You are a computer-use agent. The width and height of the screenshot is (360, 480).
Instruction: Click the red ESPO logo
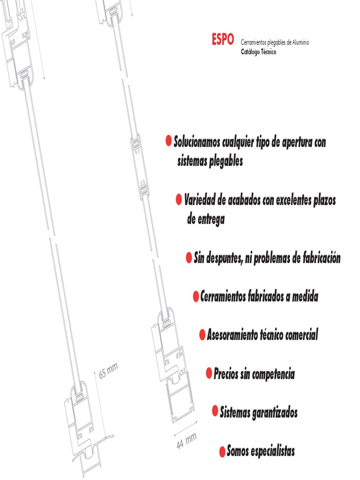pos(222,41)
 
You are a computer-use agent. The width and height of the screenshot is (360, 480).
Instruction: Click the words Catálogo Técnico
pos(258,52)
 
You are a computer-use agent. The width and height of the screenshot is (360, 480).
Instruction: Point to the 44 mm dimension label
pos(186,441)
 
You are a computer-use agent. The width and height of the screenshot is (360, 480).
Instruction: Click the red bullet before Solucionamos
pos(168,141)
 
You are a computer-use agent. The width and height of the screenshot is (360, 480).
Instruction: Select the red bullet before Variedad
pos(179,200)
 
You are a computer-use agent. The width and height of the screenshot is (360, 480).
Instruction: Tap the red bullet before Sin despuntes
pos(188,258)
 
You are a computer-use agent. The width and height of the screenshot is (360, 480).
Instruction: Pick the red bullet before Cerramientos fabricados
pos(195,297)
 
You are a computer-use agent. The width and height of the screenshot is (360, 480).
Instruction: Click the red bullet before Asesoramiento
pos(202,335)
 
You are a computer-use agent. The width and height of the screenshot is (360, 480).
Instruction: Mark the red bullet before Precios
pos(209,374)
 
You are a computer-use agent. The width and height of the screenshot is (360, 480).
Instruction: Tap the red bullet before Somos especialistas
pos(222,451)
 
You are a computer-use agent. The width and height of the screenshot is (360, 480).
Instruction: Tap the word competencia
pos(273,375)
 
